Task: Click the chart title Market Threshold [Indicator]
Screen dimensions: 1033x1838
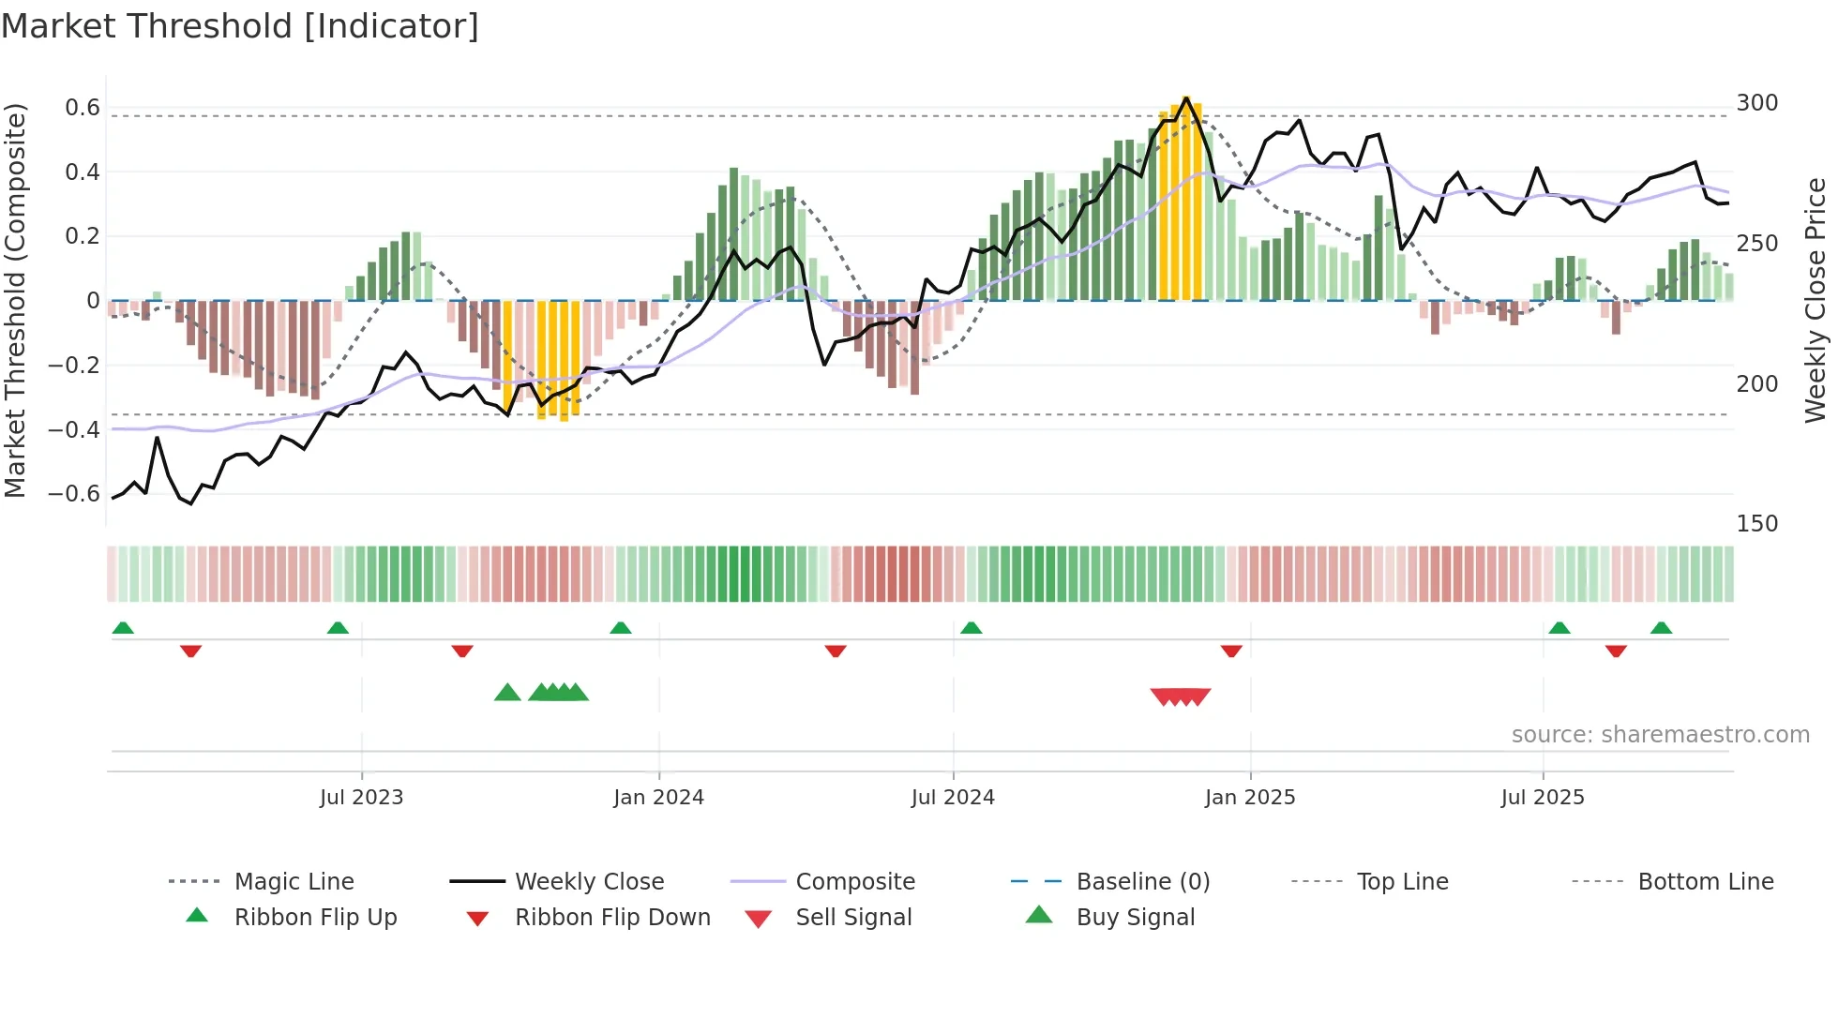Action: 240,26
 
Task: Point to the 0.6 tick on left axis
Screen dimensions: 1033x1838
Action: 83,108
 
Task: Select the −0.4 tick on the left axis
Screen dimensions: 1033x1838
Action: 74,430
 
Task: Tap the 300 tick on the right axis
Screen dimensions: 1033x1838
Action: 1756,103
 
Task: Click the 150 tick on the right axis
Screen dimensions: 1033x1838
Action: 1756,524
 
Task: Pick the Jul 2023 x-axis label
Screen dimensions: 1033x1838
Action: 361,798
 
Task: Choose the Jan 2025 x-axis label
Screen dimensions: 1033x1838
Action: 1249,798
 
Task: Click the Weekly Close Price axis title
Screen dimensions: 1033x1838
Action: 1815,300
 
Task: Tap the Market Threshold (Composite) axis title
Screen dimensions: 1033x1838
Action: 15,300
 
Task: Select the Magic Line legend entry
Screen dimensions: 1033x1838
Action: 294,882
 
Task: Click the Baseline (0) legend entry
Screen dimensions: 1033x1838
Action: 1142,882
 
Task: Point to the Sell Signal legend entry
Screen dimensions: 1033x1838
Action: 852,918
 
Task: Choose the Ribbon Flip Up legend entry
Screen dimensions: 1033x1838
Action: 315,918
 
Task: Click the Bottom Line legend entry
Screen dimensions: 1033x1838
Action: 1705,882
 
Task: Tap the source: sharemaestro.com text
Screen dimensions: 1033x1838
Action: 1660,735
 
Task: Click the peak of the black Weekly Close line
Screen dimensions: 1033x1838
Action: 1186,97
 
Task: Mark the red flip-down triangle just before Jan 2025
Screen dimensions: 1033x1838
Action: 1231,651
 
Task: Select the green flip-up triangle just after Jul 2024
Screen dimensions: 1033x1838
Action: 972,628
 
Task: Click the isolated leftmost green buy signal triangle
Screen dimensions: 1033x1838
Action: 507,693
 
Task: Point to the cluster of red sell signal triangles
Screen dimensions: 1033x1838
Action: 1181,696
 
